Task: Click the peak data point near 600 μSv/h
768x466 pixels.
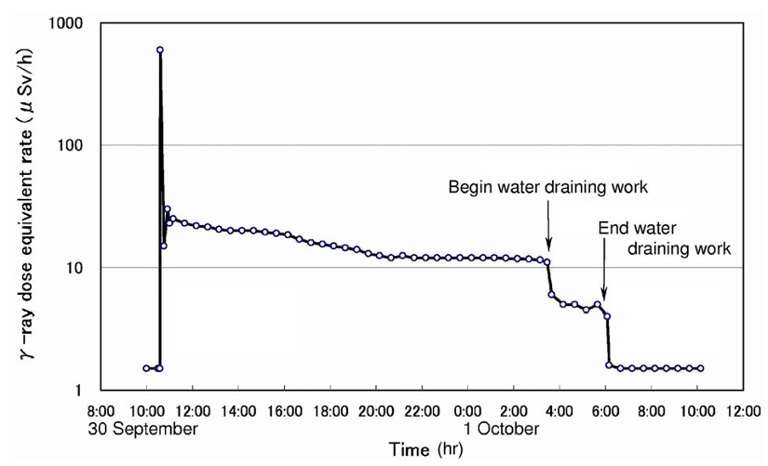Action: [x=160, y=50]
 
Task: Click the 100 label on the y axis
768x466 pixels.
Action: [x=76, y=145]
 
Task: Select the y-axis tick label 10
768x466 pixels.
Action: [x=80, y=268]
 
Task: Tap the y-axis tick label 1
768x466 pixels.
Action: [x=84, y=391]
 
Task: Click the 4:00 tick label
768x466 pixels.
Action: [x=559, y=409]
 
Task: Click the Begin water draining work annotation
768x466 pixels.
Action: [x=548, y=188]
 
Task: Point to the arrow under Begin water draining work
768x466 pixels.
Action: [x=548, y=229]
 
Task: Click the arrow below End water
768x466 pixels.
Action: [x=604, y=279]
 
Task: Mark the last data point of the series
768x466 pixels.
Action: [x=701, y=368]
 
